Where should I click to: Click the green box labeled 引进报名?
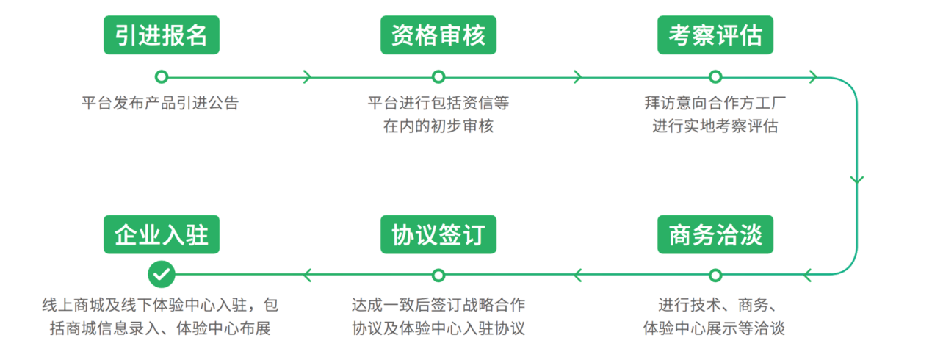click(162, 35)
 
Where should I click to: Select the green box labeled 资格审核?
click(438, 35)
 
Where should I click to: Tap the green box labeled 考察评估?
click(715, 35)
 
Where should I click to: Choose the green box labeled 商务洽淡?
click(715, 234)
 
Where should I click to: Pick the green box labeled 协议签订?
click(438, 234)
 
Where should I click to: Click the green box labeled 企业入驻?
click(162, 234)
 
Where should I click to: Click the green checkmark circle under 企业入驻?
click(162, 275)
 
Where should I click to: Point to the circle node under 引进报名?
click(162, 76)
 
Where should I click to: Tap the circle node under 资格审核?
click(438, 76)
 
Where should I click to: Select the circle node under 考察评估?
click(715, 76)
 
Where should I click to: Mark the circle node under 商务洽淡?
click(715, 275)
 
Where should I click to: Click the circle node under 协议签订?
click(438, 275)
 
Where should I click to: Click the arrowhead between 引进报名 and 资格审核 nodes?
click(307, 76)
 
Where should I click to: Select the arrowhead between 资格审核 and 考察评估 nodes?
click(577, 76)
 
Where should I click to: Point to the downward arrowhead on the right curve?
click(856, 179)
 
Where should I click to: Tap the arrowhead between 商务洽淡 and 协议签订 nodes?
click(578, 275)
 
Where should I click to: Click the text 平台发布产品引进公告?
click(160, 103)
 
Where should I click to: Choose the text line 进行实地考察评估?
click(715, 126)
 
